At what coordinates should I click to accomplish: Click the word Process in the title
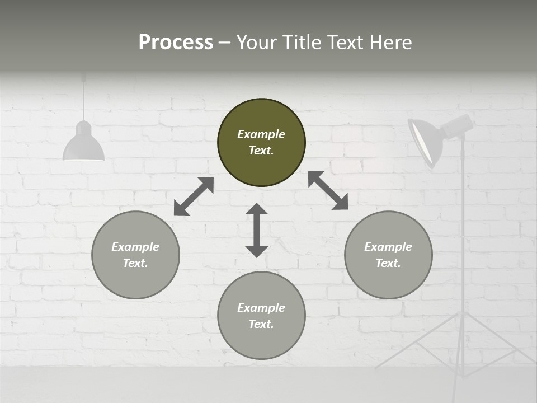point(176,43)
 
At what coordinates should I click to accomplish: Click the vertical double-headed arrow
point(257,230)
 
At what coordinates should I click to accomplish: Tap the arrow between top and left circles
point(194,196)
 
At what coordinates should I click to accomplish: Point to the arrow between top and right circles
point(328,190)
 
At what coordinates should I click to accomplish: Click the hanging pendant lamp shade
point(83,145)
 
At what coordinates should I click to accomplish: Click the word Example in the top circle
point(261,134)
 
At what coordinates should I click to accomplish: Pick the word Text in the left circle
point(135,263)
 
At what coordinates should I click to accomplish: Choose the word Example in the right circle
point(388,247)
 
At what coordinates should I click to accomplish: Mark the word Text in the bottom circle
point(261,324)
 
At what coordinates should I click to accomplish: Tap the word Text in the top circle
point(261,151)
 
